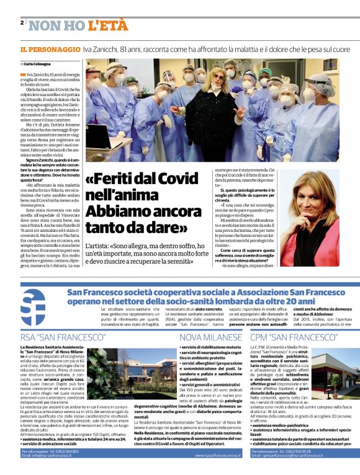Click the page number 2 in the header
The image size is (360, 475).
click(x=22, y=22)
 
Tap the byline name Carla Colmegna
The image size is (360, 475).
click(x=37, y=64)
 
